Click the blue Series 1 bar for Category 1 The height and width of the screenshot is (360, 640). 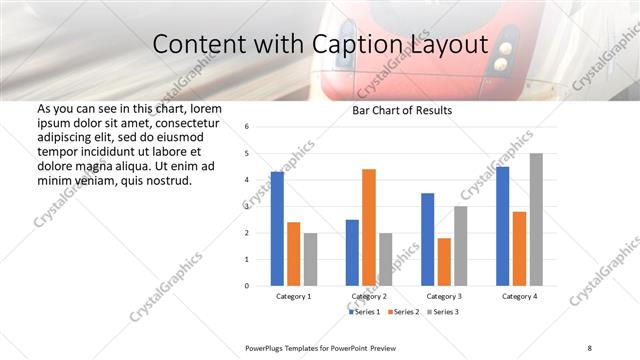click(277, 229)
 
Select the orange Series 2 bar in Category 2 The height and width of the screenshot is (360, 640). click(369, 227)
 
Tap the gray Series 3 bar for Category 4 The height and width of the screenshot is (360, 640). click(536, 220)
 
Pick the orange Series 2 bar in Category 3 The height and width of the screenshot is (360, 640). click(444, 262)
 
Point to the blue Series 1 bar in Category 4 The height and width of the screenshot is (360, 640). click(503, 226)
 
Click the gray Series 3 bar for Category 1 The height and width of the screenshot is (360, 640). click(310, 259)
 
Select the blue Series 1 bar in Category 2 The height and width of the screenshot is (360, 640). click(352, 253)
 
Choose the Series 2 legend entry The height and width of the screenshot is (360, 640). click(403, 312)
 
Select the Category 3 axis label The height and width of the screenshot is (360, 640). click(443, 297)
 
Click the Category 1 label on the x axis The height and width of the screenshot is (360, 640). click(293, 297)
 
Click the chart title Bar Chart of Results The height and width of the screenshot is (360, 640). click(402, 110)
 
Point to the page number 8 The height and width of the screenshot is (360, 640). click(589, 347)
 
